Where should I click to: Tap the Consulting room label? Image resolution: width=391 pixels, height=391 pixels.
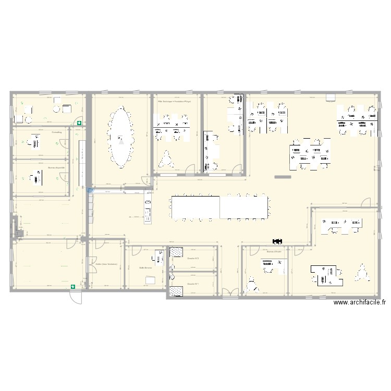tap(57, 132)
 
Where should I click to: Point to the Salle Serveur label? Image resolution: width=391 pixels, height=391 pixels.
tap(145, 267)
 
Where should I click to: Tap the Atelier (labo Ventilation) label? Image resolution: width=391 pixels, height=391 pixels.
tap(106, 264)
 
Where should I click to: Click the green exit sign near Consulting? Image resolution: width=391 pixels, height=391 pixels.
tap(79, 124)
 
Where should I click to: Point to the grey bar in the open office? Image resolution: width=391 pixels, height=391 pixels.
tap(282, 177)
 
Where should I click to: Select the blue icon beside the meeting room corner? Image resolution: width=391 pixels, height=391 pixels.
tap(90, 191)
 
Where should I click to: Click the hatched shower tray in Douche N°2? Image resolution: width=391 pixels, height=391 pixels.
tap(177, 252)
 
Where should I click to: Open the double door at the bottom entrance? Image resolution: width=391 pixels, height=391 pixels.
tap(229, 292)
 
